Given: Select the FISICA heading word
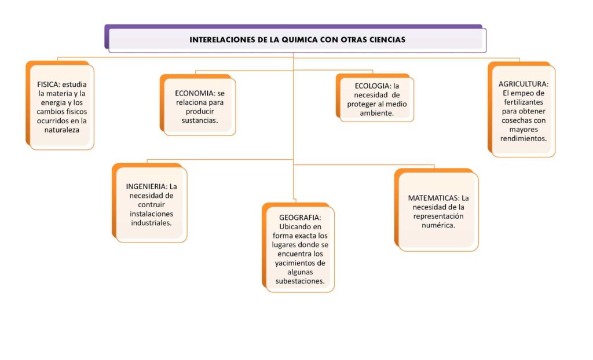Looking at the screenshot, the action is click(48, 85).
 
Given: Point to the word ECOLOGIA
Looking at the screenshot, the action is click(372, 86).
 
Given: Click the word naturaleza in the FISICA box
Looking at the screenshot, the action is click(61, 130).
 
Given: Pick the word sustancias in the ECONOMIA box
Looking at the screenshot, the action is click(200, 120).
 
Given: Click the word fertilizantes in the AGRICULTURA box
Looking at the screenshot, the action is click(524, 102).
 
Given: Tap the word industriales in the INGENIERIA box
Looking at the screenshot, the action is click(151, 223).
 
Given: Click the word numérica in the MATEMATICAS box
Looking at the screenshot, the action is click(438, 225).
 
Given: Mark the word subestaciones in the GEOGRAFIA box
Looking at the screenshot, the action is click(300, 281).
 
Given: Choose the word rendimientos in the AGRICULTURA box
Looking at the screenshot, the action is click(524, 138).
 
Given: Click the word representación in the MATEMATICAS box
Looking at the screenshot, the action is click(438, 216).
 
